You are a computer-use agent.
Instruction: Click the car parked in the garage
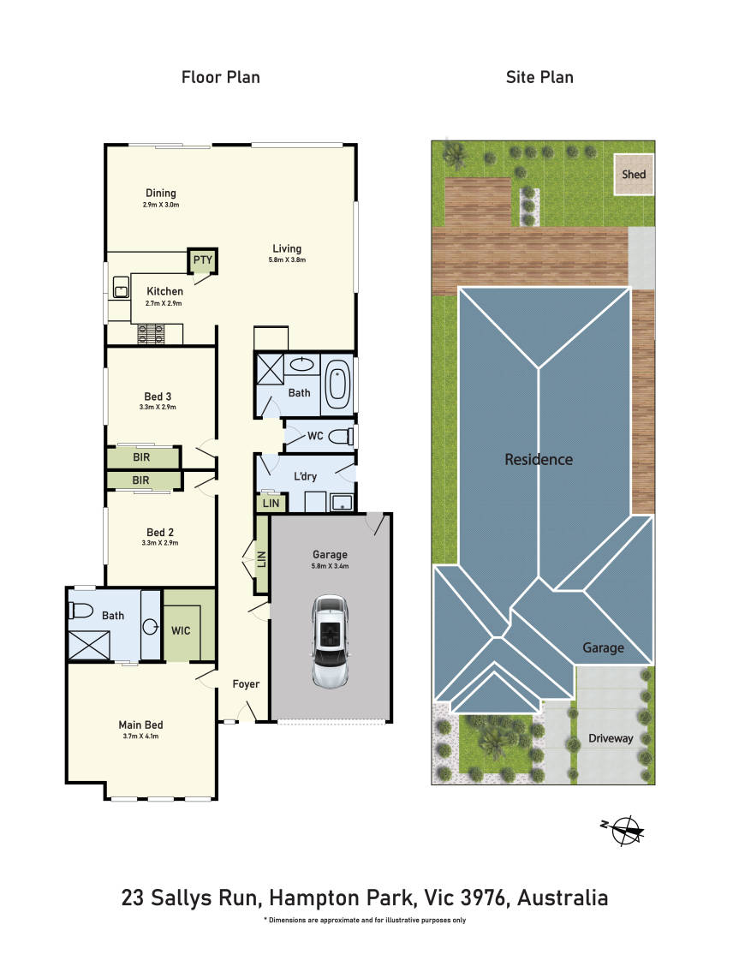330,641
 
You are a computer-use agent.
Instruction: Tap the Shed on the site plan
634,175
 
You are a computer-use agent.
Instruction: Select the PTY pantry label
203,259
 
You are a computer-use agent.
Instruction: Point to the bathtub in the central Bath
338,385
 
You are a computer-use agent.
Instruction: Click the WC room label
315,436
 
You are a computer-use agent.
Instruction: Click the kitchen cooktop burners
152,334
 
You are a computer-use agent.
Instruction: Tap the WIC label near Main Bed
181,630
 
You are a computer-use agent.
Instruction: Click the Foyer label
246,683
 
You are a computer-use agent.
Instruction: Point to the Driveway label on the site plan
611,738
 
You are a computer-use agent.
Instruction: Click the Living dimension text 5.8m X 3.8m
287,259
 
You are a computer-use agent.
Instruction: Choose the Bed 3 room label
158,397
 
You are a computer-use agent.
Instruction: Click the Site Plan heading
539,77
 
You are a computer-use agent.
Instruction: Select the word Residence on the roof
538,459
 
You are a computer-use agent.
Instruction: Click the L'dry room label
305,476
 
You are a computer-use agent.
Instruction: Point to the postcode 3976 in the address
482,897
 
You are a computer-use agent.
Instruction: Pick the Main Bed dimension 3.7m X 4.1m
140,736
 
